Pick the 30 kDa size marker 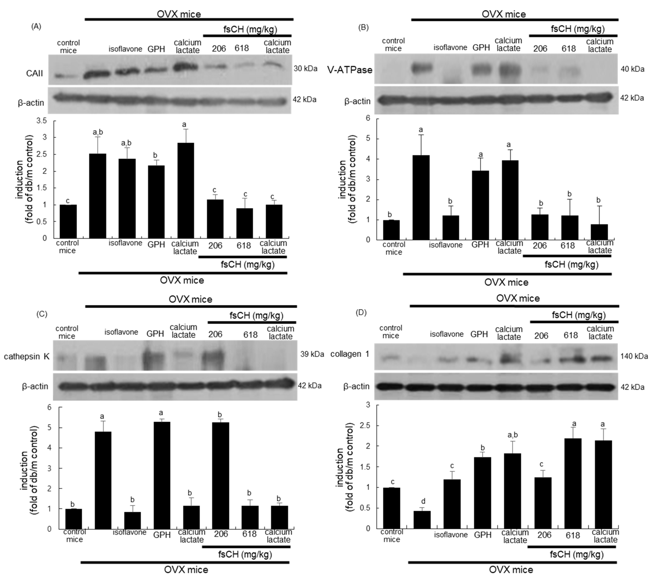click(x=305, y=68)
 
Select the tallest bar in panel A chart click(x=185, y=190)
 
